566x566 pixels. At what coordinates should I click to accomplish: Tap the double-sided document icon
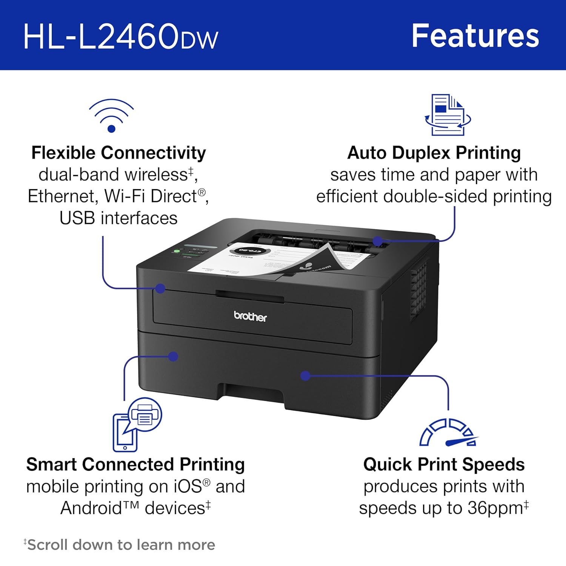coord(448,115)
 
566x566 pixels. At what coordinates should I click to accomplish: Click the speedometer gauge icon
coord(448,432)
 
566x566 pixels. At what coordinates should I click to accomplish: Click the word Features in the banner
coord(475,36)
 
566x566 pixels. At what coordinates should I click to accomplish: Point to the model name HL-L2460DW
coord(121,36)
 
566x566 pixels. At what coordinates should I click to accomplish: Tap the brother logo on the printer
coord(250,316)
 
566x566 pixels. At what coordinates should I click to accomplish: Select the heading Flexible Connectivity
coord(118,153)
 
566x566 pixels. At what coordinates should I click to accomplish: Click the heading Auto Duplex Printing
coord(434,153)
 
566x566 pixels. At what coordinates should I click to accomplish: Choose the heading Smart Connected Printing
coord(135,464)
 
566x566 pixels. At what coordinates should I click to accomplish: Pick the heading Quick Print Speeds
coord(444,464)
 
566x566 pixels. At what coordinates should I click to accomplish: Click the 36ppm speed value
coord(495,508)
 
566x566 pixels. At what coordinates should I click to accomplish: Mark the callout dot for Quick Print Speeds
coord(305,375)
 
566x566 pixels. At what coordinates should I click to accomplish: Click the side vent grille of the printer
coord(419,290)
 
